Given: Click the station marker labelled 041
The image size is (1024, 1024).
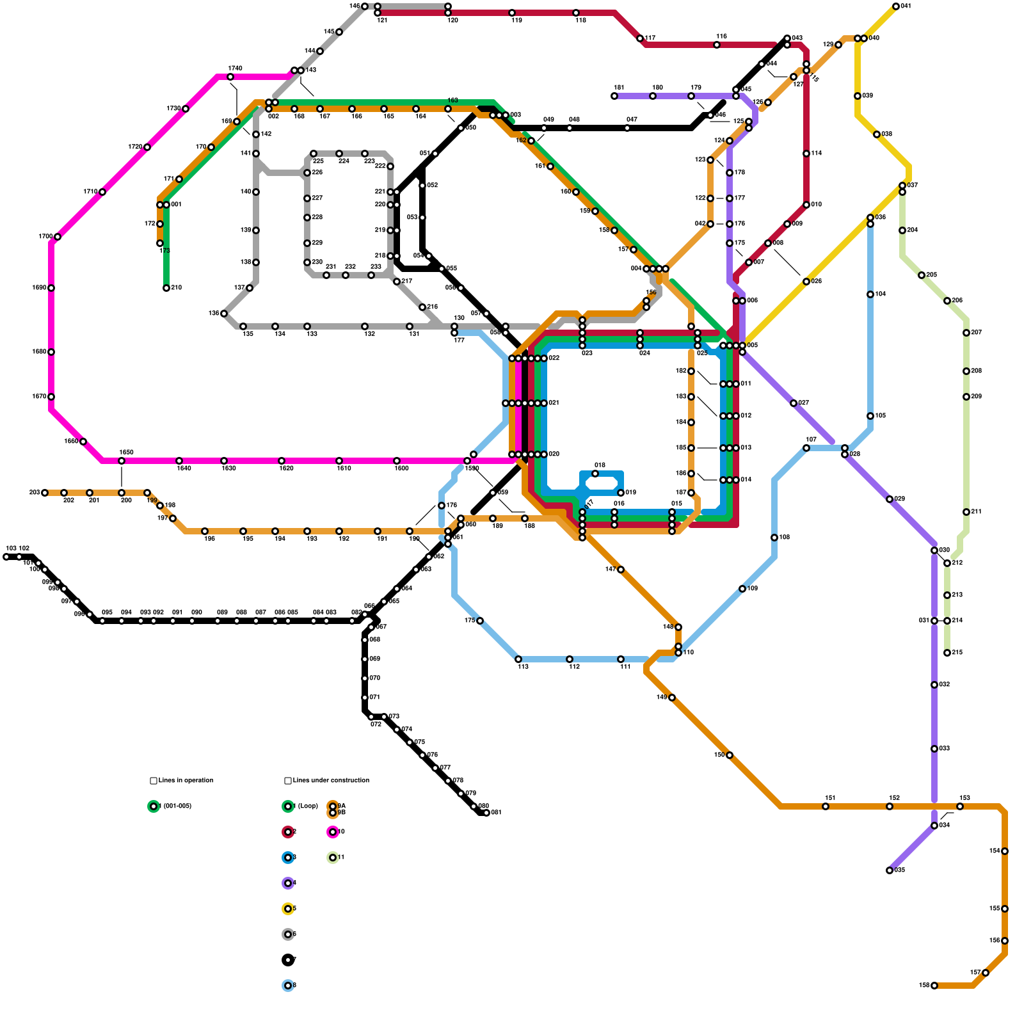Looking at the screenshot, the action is (x=895, y=6).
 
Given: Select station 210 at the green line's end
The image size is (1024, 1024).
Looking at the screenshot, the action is (x=166, y=288).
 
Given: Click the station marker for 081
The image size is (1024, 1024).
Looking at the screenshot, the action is (x=486, y=813).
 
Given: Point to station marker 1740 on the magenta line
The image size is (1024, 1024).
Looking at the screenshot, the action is (x=230, y=77).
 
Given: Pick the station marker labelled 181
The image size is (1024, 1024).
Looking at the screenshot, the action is (x=614, y=96).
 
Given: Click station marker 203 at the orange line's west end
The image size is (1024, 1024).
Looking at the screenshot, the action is (x=45, y=493).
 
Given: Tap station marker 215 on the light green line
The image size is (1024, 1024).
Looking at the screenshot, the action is (x=947, y=653).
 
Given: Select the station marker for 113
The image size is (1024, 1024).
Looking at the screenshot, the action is (x=518, y=659).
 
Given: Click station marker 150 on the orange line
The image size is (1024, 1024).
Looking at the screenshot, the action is (x=730, y=755).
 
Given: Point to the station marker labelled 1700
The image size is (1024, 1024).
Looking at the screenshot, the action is (x=58, y=237).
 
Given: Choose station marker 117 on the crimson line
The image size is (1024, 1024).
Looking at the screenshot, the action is (x=640, y=38).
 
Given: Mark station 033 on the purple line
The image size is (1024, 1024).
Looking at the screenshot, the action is (x=934, y=749).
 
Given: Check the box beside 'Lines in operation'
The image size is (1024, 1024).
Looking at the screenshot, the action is (x=154, y=781).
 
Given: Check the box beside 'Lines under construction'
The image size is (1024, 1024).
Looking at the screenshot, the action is (x=288, y=781).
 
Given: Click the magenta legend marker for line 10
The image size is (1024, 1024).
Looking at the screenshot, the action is (x=333, y=832).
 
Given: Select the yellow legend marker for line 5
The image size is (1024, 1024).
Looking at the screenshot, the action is (x=288, y=909).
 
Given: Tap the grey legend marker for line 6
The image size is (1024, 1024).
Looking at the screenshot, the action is (x=288, y=934).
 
